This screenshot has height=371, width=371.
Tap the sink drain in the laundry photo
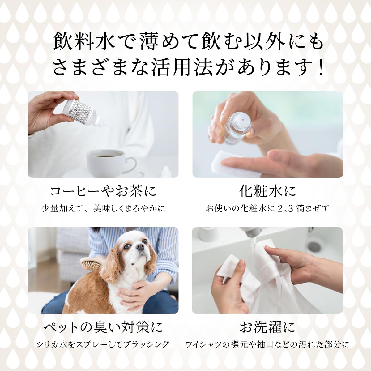tap(313, 246)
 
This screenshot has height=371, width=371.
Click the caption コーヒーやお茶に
tap(103, 191)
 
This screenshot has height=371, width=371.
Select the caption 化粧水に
tap(267, 191)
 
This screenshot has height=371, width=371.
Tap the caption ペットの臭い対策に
tap(103, 327)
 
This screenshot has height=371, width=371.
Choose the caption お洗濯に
tap(267, 327)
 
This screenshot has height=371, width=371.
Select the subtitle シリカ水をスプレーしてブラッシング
tap(103, 344)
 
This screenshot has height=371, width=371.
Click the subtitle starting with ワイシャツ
tap(267, 344)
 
